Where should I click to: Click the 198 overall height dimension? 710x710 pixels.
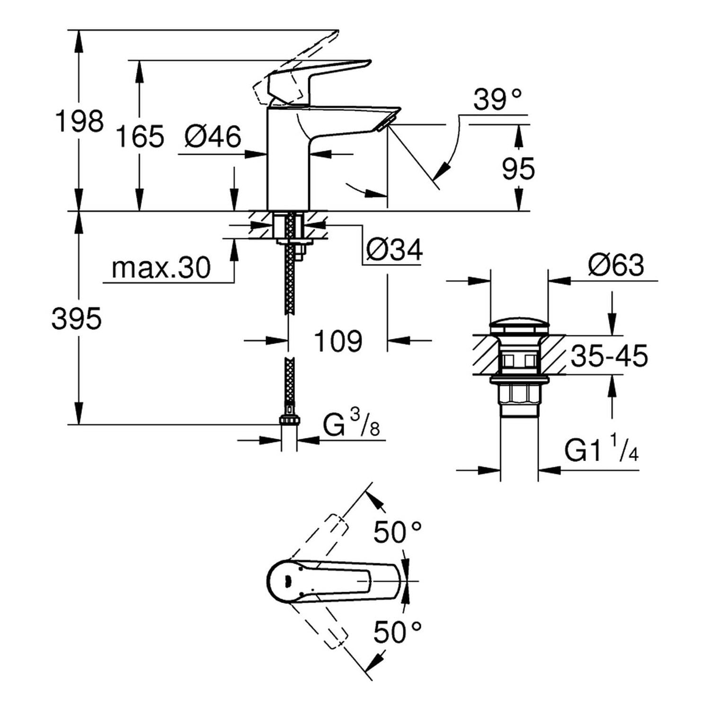tap(79, 121)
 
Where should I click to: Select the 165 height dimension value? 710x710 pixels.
tap(140, 136)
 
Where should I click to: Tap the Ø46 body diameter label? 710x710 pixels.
tap(213, 137)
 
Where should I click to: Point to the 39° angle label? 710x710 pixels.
tap(497, 100)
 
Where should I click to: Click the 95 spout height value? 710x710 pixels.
tap(518, 169)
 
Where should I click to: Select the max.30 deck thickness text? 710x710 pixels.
tap(161, 268)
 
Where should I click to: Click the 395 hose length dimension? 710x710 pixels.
tap(76, 319)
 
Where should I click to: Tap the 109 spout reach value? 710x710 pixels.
tap(338, 341)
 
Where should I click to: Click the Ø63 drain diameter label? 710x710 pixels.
tap(616, 266)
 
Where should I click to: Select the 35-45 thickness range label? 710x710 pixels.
tap(609, 356)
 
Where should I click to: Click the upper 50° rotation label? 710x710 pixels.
tap(397, 532)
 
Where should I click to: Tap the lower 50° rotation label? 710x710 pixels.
tap(397, 632)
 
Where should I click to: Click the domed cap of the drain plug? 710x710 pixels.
tap(519, 326)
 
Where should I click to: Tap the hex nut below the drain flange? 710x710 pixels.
tap(519, 394)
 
